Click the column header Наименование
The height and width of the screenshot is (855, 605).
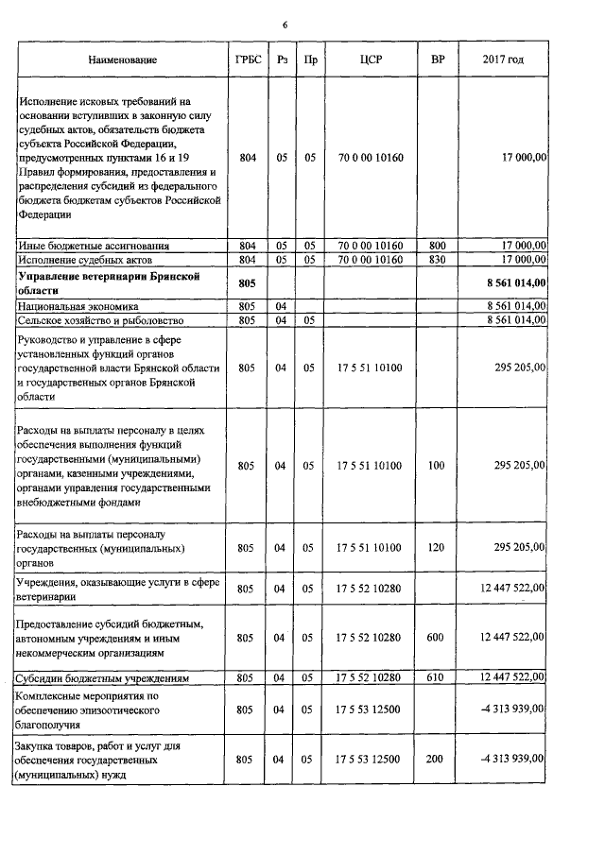click(x=123, y=60)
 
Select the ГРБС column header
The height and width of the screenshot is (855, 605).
click(x=247, y=60)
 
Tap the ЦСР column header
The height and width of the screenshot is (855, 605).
click(x=370, y=60)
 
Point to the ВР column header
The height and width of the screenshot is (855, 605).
click(x=436, y=60)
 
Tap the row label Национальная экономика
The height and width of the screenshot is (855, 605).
click(x=78, y=307)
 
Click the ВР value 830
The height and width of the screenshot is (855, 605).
click(x=436, y=259)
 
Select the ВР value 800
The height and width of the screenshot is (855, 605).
click(x=436, y=246)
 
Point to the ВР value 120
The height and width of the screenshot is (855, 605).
click(x=436, y=547)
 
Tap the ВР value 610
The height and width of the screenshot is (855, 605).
click(x=436, y=678)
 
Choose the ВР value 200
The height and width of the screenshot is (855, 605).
click(x=436, y=759)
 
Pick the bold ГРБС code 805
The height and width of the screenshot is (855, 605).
click(x=247, y=282)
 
